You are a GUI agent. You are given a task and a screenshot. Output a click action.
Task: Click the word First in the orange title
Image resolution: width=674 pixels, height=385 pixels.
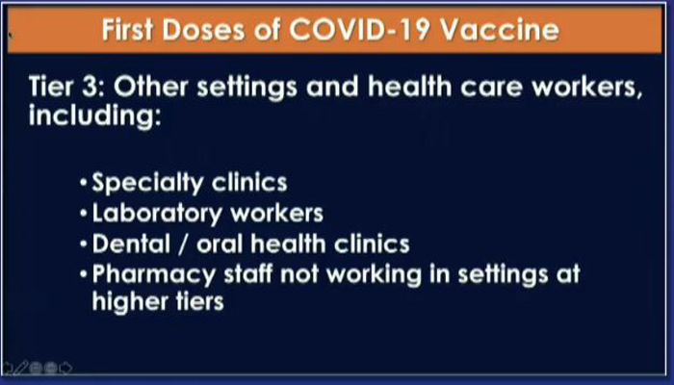tap(128, 30)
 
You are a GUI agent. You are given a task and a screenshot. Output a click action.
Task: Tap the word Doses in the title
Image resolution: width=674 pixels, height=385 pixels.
tap(204, 30)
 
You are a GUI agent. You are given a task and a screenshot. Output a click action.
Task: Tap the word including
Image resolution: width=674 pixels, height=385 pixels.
tap(94, 115)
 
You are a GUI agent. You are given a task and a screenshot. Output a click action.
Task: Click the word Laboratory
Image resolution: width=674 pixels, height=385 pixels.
tap(156, 214)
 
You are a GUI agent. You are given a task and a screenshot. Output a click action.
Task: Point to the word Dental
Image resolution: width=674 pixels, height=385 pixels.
tap(131, 244)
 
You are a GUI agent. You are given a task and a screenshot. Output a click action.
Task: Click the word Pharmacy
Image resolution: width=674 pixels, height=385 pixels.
tap(153, 274)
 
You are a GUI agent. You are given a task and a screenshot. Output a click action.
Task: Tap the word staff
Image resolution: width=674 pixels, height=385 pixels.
tap(248, 273)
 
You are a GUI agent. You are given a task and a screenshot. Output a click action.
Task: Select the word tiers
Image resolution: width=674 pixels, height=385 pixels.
tap(197, 300)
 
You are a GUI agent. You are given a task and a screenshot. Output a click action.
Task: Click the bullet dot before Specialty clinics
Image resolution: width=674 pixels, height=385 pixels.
tap(84, 183)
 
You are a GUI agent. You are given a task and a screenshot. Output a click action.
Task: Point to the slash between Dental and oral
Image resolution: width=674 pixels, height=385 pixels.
tap(184, 244)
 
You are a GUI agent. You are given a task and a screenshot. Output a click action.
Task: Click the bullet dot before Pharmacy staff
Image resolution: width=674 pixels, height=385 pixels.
tap(84, 274)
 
